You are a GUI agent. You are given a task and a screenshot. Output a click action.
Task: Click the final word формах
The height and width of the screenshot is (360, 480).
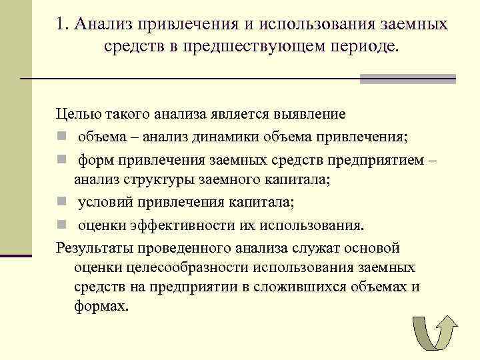tap(101, 307)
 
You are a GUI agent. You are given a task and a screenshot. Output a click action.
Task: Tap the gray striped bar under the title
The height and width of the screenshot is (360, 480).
tap(407, 79)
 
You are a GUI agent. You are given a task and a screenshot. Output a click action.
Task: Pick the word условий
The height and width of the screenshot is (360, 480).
tap(104, 203)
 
